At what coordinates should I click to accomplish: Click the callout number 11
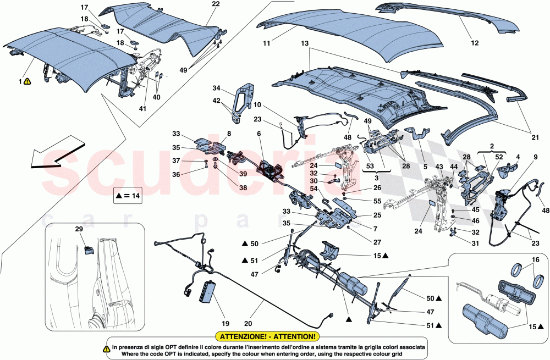(266, 43)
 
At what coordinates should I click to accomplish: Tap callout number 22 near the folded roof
(216, 4)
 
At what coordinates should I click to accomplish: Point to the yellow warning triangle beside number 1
(28, 81)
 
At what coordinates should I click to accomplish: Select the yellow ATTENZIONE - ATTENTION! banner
(267, 336)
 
